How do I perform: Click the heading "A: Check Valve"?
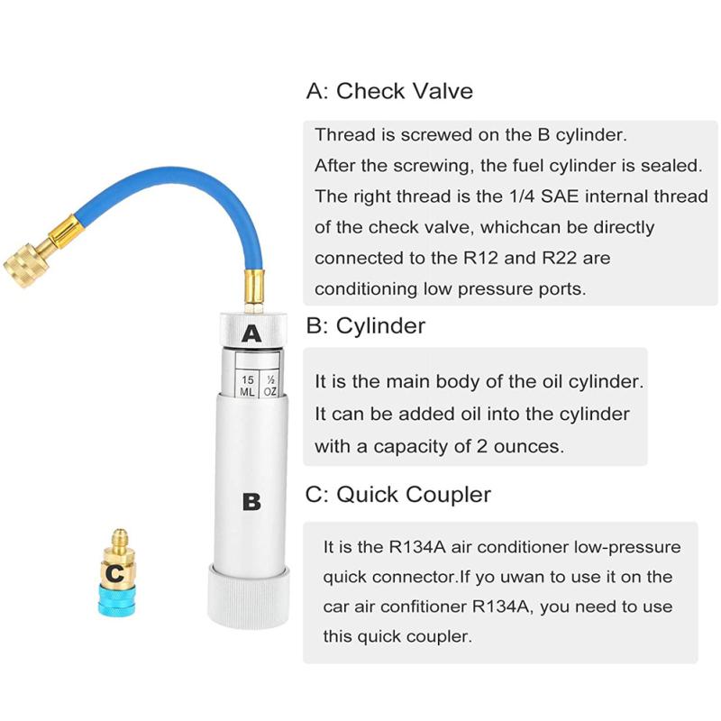tap(389, 91)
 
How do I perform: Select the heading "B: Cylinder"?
tap(366, 325)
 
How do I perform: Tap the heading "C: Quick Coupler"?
tap(399, 495)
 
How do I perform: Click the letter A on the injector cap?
tap(251, 334)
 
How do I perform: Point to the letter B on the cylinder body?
tap(251, 501)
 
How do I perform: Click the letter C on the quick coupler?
tap(114, 571)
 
